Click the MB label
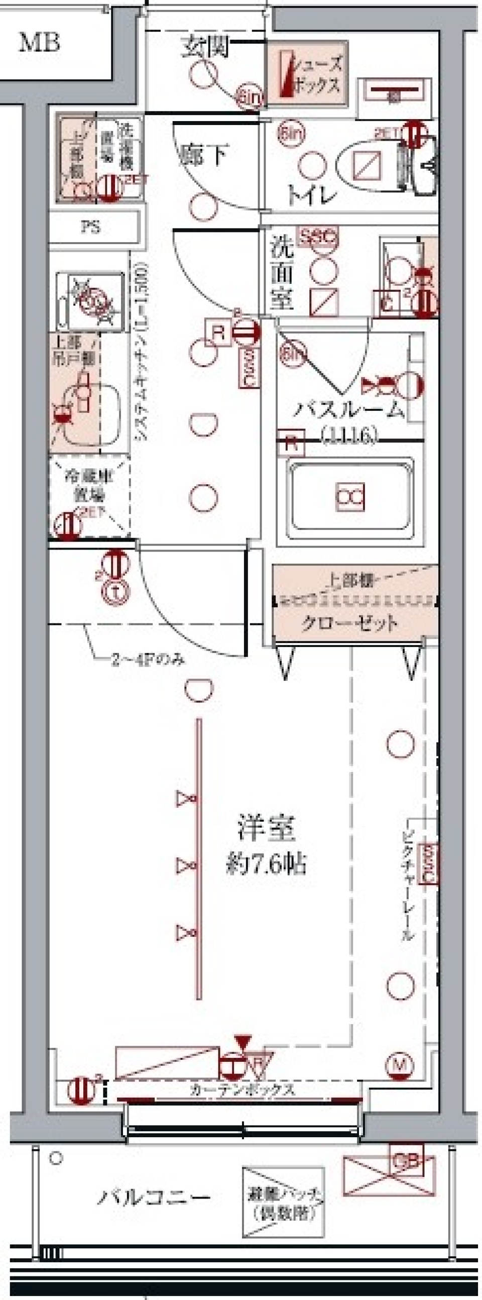point(39,43)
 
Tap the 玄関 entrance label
point(206,46)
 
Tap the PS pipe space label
point(91,227)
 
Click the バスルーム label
point(349,410)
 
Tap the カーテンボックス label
point(242,1090)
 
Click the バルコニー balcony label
point(153,1197)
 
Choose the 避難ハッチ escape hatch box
point(282,1202)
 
